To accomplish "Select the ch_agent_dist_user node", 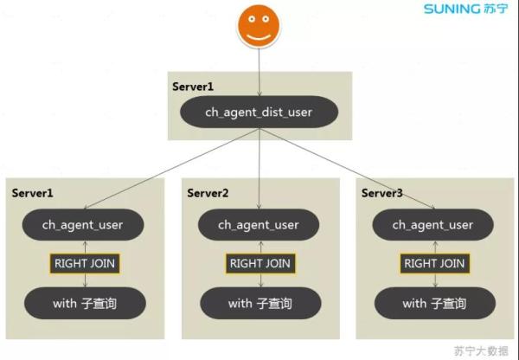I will (x=259, y=112).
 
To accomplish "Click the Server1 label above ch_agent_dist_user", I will (x=192, y=87).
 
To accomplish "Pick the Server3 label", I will (x=382, y=192).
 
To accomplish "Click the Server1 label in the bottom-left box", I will (x=33, y=192).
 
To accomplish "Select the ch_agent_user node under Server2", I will (x=259, y=225).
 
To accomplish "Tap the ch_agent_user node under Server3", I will (x=433, y=225).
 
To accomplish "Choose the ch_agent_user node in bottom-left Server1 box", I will (x=83, y=225).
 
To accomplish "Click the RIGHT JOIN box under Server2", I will (x=259, y=264).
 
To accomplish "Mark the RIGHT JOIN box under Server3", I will (x=433, y=264).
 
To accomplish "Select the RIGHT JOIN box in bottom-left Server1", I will (x=84, y=264).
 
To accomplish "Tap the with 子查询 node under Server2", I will (x=259, y=304).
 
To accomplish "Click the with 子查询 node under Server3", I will (x=433, y=304).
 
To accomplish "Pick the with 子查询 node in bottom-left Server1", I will (x=83, y=304).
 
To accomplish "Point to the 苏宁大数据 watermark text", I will (x=481, y=350).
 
